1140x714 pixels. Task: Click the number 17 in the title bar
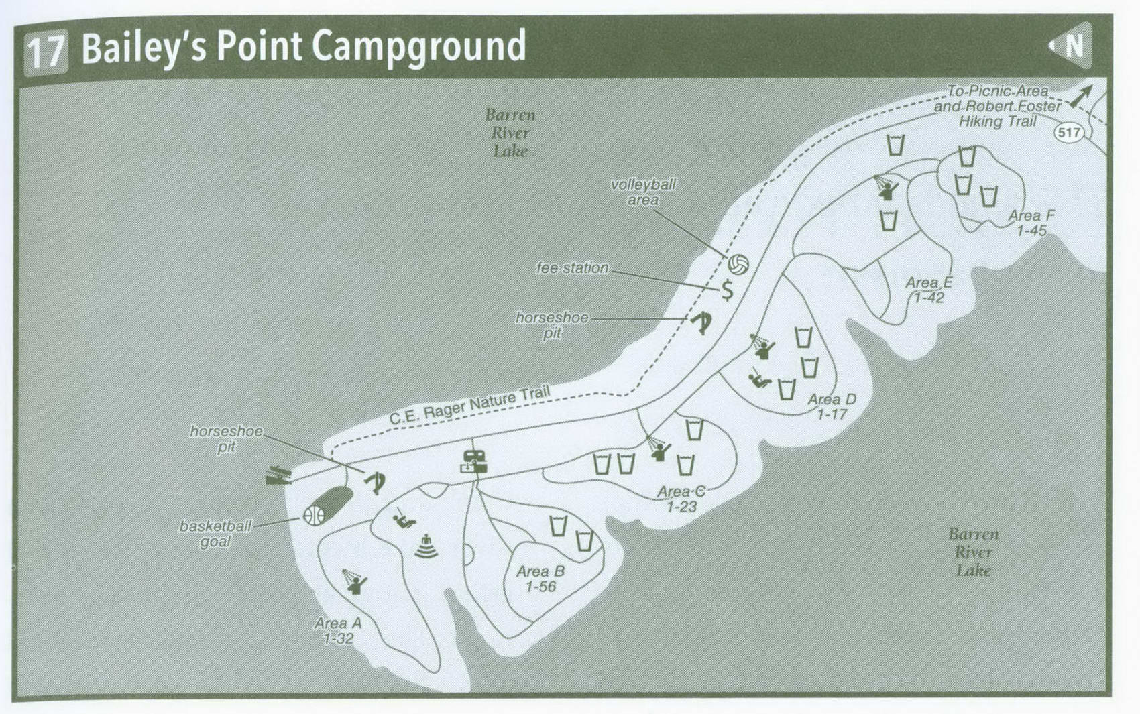tap(46, 52)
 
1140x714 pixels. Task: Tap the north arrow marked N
tap(1072, 46)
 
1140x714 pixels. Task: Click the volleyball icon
tap(738, 265)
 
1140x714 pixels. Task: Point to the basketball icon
tap(314, 515)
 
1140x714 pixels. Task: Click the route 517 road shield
tap(1068, 132)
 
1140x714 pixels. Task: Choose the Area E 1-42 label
tap(929, 290)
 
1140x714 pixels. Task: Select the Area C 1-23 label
tap(681, 499)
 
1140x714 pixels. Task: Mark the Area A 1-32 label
tap(338, 631)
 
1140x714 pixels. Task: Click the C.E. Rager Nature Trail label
tap(469, 405)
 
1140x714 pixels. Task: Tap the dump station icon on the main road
tap(473, 462)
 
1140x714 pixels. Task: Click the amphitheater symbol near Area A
tap(426, 547)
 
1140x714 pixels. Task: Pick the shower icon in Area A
tap(354, 581)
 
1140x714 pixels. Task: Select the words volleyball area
tap(643, 192)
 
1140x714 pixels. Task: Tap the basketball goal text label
tap(215, 534)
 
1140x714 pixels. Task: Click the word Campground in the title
tap(419, 47)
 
